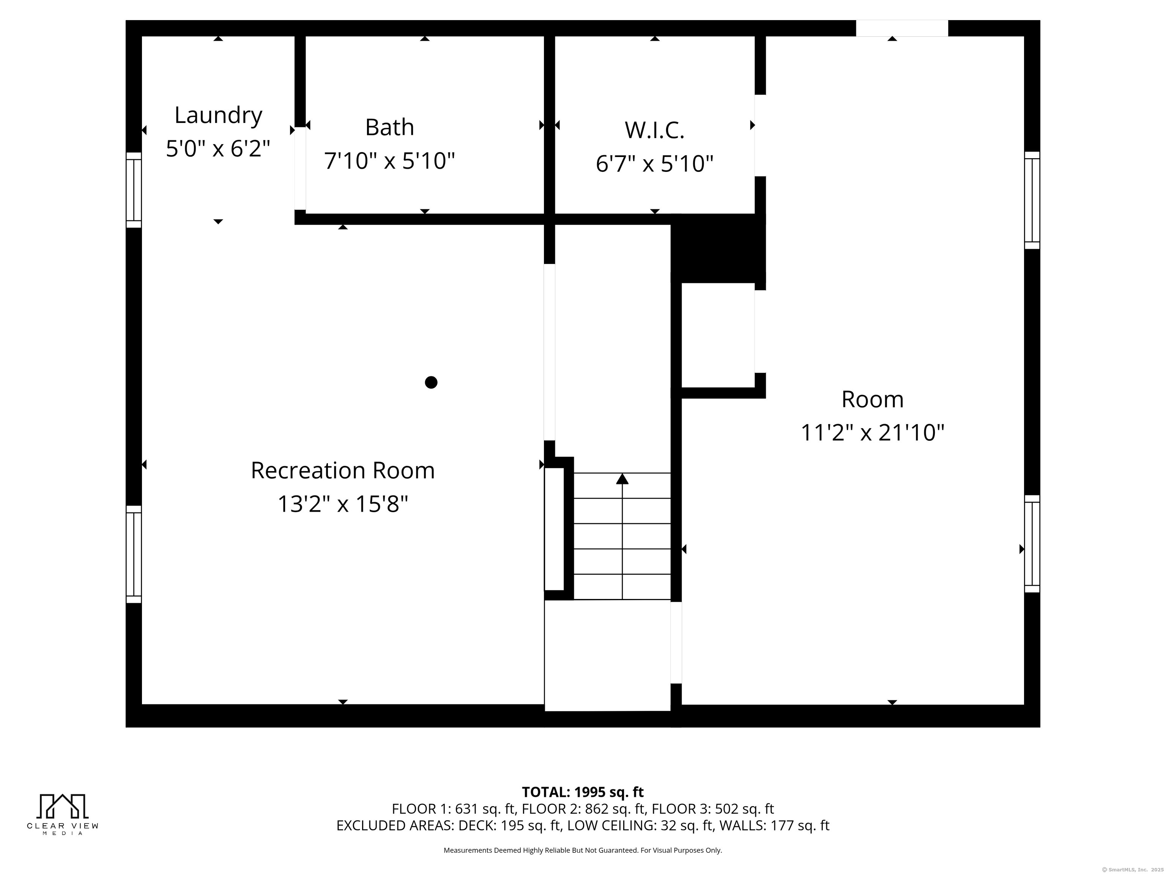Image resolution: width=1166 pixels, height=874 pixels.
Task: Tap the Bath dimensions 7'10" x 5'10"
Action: (389, 161)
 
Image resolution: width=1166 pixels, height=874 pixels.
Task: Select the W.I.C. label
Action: (655, 130)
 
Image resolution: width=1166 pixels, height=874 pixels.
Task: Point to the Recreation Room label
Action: (343, 470)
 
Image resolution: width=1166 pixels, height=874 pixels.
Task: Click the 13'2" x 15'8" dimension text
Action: (343, 504)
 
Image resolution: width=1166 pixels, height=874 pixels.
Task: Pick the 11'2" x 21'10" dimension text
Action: (872, 433)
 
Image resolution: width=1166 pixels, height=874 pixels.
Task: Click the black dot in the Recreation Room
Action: (431, 382)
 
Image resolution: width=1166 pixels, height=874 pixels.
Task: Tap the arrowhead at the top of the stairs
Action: (622, 478)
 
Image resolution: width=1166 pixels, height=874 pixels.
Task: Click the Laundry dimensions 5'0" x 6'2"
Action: (218, 149)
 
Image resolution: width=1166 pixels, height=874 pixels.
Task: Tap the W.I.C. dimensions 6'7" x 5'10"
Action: (655, 164)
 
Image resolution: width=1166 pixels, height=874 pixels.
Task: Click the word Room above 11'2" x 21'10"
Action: (872, 399)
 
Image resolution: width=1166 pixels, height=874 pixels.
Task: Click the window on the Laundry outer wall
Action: (134, 190)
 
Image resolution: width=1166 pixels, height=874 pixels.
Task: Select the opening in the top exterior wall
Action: (902, 28)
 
